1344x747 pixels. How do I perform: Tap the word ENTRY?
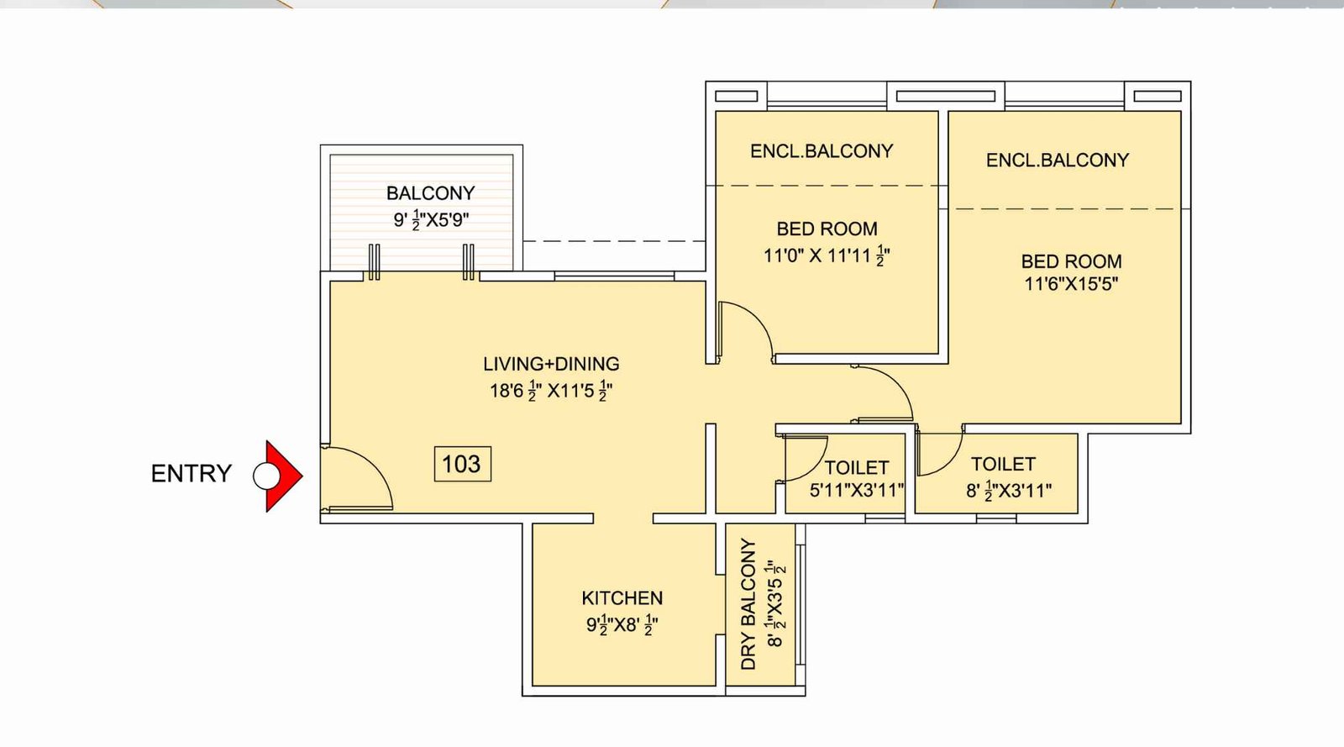[191, 474]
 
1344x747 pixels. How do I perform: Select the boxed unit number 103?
[461, 464]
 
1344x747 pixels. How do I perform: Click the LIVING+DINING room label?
[551, 364]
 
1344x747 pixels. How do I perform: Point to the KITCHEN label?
[622, 598]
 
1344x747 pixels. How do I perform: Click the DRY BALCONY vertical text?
[748, 604]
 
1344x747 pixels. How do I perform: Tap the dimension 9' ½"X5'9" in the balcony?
[431, 220]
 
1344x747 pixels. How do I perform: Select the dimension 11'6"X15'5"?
[1071, 284]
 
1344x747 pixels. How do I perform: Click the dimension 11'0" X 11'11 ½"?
[826, 255]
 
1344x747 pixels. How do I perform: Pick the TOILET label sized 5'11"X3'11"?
[856, 467]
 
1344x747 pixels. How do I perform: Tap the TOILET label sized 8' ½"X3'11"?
[1003, 464]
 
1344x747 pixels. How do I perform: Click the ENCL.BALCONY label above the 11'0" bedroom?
[822, 151]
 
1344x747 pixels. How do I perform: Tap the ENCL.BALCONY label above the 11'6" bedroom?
[1057, 160]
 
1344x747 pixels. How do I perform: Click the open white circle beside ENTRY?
[265, 476]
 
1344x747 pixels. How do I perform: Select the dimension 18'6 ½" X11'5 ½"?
[551, 391]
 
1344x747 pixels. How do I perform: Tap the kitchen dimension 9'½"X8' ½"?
[622, 625]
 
